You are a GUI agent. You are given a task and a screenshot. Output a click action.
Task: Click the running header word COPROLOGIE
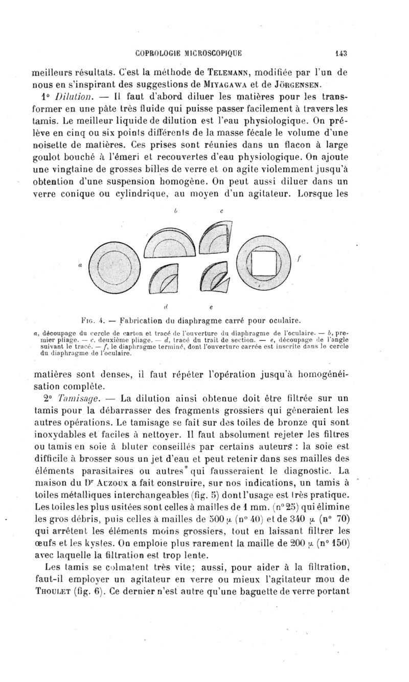(x=157, y=51)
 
